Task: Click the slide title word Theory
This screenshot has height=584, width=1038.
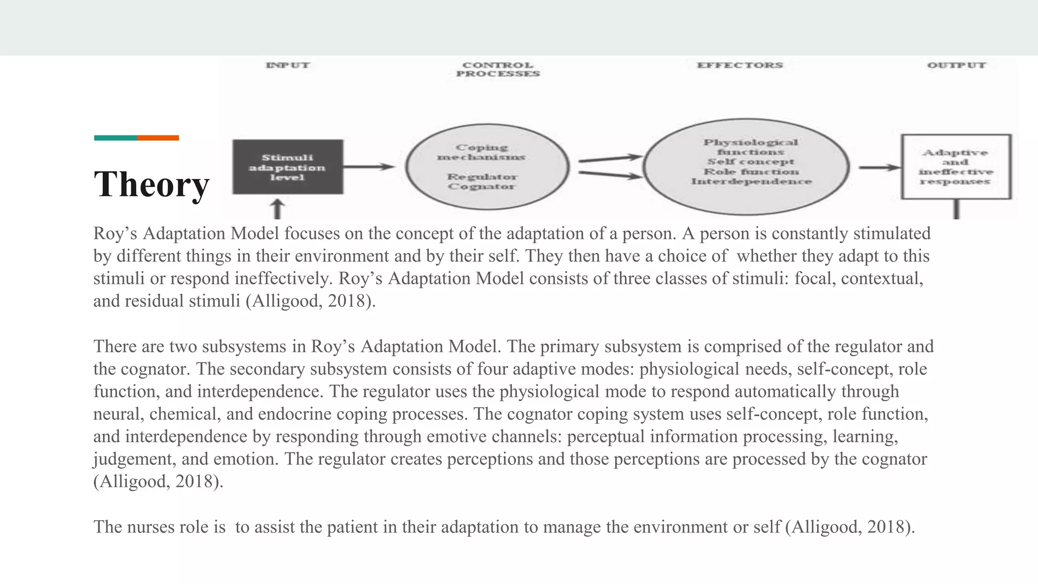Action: (x=152, y=184)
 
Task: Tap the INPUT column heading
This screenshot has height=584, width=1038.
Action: (x=287, y=65)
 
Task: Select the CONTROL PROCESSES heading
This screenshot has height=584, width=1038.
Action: (x=498, y=69)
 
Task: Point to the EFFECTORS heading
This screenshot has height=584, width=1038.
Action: (x=739, y=65)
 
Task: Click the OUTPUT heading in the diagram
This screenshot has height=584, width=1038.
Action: (x=956, y=65)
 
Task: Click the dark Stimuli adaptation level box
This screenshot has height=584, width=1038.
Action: (x=287, y=167)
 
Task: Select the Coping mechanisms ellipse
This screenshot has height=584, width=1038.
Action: (x=487, y=166)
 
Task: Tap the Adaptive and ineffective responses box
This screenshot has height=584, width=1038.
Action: (x=956, y=166)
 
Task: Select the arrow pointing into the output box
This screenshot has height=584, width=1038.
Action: (x=879, y=167)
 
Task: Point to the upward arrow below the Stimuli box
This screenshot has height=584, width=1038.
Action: (x=277, y=208)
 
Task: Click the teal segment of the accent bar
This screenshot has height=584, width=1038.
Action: (x=115, y=138)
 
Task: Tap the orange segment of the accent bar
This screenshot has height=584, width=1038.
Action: (x=158, y=138)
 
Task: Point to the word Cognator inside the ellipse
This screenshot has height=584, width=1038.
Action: (x=481, y=187)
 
